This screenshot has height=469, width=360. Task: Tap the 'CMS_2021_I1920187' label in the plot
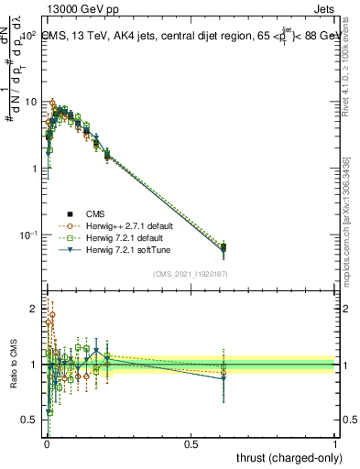191,272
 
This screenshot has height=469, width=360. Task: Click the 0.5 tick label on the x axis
191,444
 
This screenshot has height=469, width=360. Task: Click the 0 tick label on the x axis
47,444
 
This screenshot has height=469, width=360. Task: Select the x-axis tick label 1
335,444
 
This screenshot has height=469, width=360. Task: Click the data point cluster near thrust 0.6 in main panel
224,247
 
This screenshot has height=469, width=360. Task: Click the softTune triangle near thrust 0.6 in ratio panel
224,378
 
